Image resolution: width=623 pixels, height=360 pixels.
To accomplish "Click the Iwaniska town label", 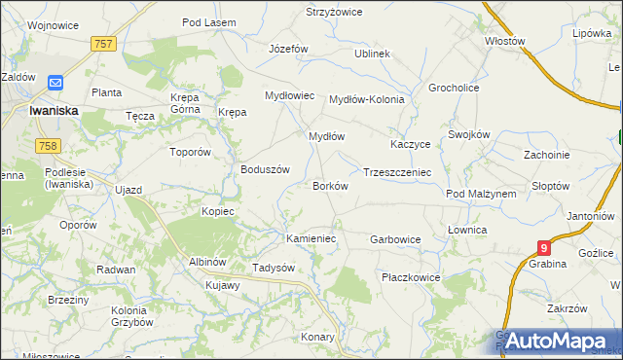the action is (54, 112).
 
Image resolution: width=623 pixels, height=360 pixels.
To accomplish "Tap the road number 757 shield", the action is (104, 44).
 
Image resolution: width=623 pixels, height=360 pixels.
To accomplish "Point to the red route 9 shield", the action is (544, 249).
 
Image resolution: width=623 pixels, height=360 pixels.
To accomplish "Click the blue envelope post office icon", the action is (55, 85).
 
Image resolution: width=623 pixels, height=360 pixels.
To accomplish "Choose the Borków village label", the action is (330, 186).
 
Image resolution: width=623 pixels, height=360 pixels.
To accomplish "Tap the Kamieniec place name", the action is (311, 238).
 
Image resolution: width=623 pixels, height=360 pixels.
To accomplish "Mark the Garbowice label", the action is (395, 238).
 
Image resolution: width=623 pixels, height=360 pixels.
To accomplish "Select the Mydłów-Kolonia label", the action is (366, 99).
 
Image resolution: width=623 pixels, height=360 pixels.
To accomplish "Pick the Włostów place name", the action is (505, 42).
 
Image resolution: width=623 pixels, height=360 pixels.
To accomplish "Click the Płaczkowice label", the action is (411, 277).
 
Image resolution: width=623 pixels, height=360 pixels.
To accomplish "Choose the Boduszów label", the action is (266, 169).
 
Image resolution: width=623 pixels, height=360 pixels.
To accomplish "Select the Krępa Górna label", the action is (184, 105).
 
